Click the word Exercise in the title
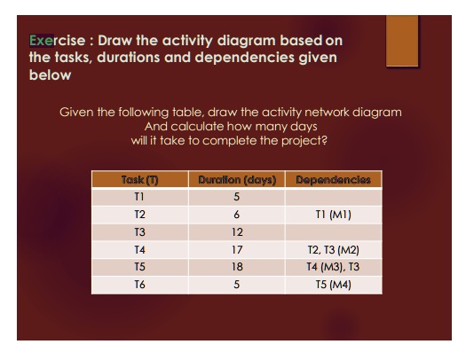coord(58,41)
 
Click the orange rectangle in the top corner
coord(402,40)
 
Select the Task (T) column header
coord(140,180)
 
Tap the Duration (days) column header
coord(236,180)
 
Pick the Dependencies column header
coord(333,180)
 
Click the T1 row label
coord(139,198)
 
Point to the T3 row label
coord(139,231)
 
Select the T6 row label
coord(139,284)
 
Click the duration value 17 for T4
coord(236,249)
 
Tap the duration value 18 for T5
coord(236,266)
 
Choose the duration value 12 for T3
coord(236,231)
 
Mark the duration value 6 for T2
coord(236,215)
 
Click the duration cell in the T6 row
coord(236,284)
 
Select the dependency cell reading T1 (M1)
coord(333,215)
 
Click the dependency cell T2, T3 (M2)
coord(333,249)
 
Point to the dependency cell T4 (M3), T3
coord(333,266)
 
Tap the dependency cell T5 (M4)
coord(333,284)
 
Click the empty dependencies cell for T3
coord(333,231)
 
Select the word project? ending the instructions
coord(306,140)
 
